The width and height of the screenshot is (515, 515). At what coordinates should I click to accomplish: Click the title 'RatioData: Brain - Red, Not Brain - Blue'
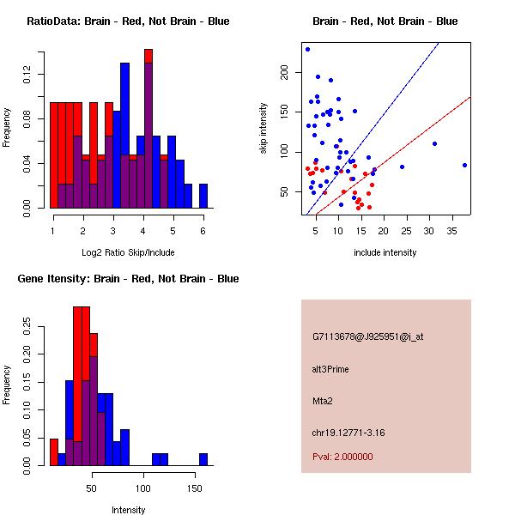point(128,21)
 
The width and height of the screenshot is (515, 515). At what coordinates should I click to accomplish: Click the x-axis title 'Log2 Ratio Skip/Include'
point(126,251)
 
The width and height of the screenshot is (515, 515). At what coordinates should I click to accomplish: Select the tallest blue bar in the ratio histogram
point(124,135)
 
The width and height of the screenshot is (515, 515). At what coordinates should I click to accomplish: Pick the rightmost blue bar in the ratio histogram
point(203,196)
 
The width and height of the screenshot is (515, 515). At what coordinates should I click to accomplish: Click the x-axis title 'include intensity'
point(385,252)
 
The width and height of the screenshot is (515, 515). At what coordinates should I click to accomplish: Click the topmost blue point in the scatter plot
point(307,49)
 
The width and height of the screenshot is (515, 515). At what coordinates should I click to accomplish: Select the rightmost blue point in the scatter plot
point(464,165)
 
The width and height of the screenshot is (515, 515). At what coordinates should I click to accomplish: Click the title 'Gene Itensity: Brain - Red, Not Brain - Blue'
point(128,279)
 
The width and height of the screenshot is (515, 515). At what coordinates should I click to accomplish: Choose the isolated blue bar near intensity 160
point(203,459)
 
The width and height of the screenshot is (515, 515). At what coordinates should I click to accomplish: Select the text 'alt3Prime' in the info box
point(330,368)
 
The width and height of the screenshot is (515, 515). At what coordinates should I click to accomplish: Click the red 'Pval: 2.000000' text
point(342,457)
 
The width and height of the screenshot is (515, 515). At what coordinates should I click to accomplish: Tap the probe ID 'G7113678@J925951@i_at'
point(367,336)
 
